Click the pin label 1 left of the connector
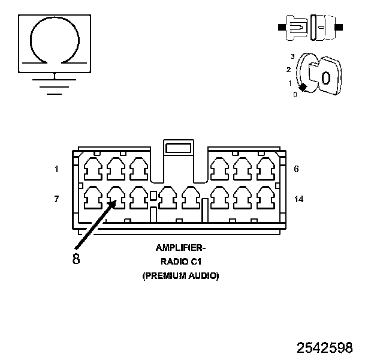[56, 169]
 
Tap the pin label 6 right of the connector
[296, 169]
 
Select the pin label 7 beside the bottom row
[56, 199]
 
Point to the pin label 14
[298, 199]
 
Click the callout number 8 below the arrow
[76, 260]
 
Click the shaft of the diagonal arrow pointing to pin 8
[93, 226]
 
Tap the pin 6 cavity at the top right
[264, 169]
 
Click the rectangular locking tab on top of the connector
[178, 147]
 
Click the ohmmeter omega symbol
[55, 39]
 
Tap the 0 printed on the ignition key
[325, 77]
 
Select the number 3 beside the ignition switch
[292, 56]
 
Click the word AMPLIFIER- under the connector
[180, 247]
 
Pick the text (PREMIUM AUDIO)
[180, 276]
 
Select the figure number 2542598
[324, 347]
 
